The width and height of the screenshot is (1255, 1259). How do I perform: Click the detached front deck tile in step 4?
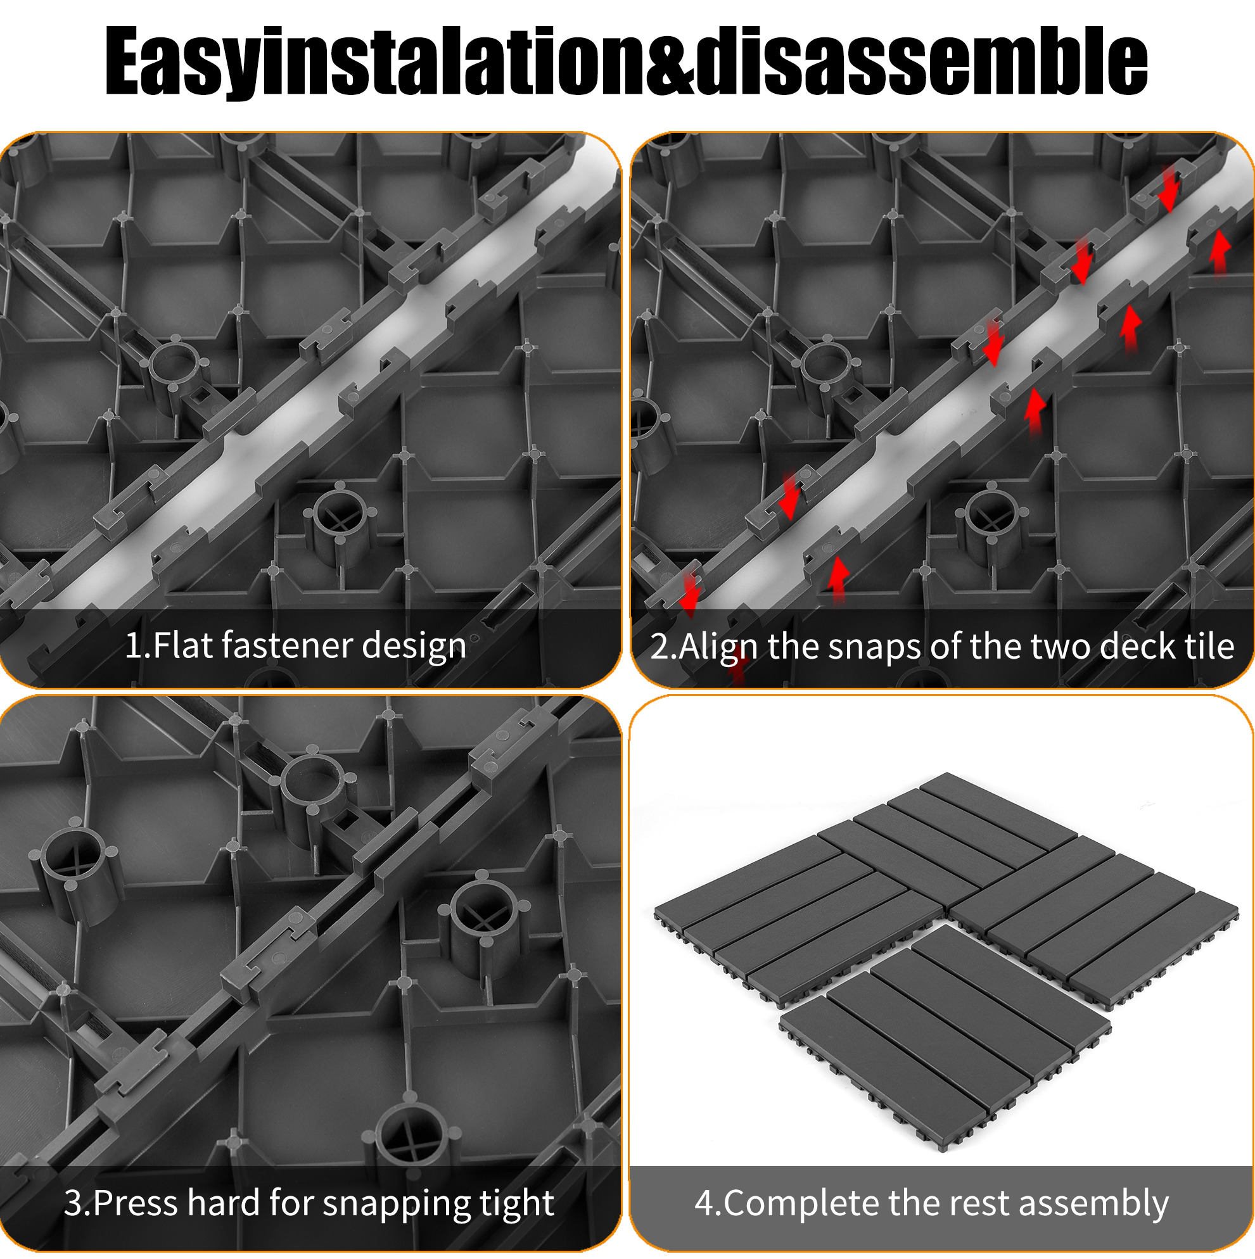[945, 1036]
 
